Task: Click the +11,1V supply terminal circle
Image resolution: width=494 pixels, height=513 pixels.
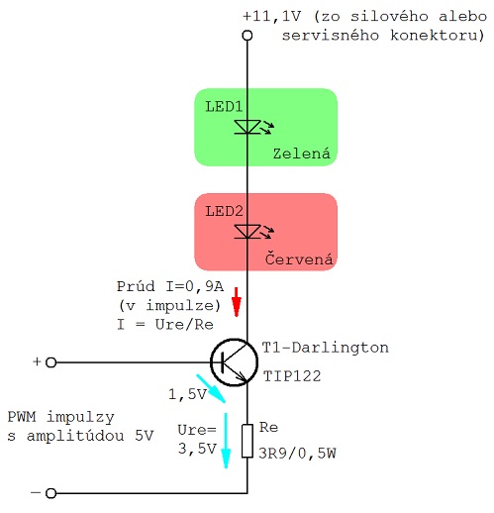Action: pos(247,36)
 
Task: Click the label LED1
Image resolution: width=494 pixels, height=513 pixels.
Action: pos(224,107)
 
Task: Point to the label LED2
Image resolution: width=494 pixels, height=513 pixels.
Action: pos(224,211)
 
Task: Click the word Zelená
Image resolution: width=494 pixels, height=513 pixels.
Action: pos(301,154)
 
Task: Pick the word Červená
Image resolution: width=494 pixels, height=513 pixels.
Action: pos(299,258)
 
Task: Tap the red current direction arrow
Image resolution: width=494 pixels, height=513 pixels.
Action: pos(237,302)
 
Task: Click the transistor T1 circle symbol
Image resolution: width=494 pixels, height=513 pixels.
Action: pos(234,362)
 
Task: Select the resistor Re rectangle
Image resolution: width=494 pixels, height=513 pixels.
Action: pos(247,441)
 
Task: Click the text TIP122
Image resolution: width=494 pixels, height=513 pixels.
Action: pos(292,376)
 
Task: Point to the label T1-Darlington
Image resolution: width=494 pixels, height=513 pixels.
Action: pos(325,348)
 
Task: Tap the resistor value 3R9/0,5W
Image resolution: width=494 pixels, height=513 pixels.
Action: pos(297,454)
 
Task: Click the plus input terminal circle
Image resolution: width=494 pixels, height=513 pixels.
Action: pos(50,362)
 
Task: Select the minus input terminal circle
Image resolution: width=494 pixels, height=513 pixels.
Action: pos(50,493)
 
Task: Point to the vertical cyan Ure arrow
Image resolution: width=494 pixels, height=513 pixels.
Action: pos(226,441)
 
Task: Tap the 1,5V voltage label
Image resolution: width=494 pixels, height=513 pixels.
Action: pos(187,394)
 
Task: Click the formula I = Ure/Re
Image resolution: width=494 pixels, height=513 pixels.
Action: pos(165,325)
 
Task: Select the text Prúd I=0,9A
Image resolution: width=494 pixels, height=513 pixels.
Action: pos(170,286)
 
